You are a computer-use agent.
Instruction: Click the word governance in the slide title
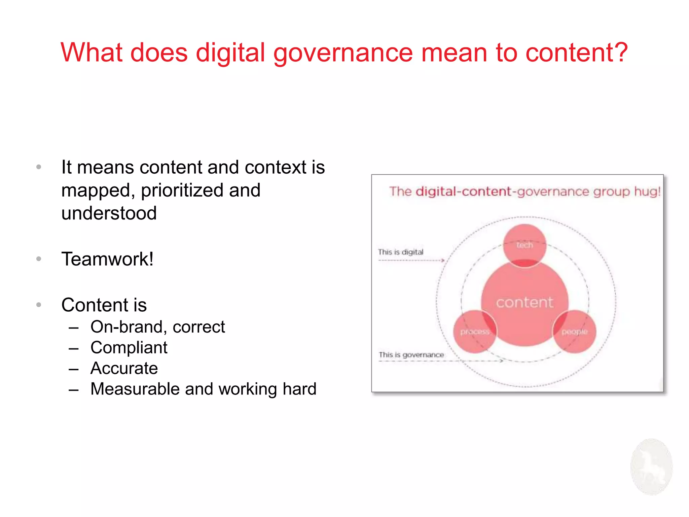[x=343, y=53]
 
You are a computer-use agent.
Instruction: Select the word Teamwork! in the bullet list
[x=107, y=259]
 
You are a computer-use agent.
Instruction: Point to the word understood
[x=109, y=213]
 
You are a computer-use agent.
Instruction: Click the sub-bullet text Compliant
[x=129, y=347]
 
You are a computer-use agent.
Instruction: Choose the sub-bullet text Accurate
[x=124, y=368]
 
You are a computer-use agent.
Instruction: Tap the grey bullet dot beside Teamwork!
[x=39, y=259]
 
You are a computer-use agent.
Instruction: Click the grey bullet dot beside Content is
[x=39, y=305]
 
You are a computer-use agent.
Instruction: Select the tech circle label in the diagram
[x=524, y=245]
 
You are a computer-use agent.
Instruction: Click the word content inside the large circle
[x=524, y=302]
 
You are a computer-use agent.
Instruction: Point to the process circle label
[x=475, y=332]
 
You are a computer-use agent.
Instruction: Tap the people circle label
[x=575, y=332]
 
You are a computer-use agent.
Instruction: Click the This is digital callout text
[x=400, y=252]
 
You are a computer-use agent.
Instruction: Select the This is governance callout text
[x=411, y=355]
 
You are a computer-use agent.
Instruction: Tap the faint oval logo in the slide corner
[x=651, y=467]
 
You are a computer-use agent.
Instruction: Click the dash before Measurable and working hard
[x=73, y=390]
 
